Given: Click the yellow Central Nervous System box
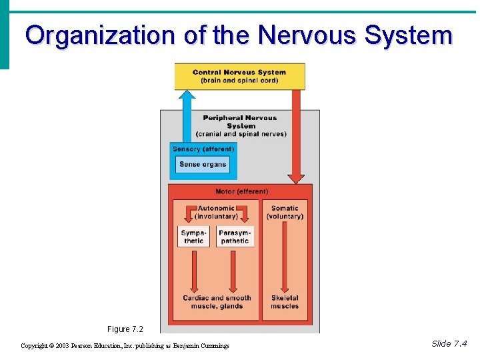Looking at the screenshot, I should [x=239, y=76].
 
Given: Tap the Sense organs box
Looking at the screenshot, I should [x=203, y=165].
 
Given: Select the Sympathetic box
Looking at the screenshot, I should [x=193, y=237].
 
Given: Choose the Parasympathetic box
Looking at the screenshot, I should [x=235, y=237].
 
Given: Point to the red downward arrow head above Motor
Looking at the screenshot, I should [x=296, y=178].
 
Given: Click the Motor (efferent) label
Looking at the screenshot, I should [x=241, y=191].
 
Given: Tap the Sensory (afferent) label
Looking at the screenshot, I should [x=203, y=149].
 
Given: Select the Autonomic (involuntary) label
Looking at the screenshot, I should [x=216, y=212].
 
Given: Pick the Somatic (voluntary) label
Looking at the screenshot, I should [x=285, y=212].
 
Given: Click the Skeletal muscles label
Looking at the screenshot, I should [x=285, y=302].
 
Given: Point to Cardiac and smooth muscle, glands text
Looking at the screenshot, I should [x=217, y=302].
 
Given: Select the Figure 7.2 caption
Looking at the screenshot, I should [x=125, y=329].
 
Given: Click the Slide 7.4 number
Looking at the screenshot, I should [x=449, y=344].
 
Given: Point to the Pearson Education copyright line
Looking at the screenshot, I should [x=125, y=345].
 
